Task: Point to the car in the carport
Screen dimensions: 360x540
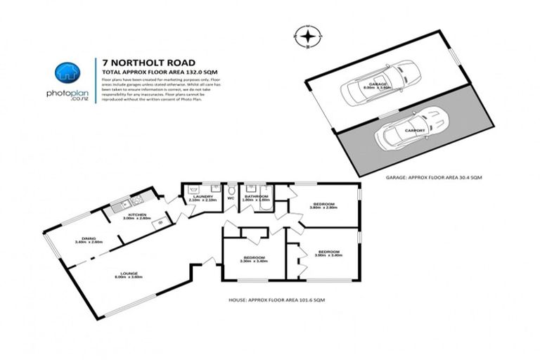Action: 411,132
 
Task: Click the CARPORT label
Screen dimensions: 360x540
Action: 416,131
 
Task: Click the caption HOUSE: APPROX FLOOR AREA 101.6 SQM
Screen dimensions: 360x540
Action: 276,300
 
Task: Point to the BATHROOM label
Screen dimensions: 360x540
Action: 256,197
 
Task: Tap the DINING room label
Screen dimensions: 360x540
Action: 88,238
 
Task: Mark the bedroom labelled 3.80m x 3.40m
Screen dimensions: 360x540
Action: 329,252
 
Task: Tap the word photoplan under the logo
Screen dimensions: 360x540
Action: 67,94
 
